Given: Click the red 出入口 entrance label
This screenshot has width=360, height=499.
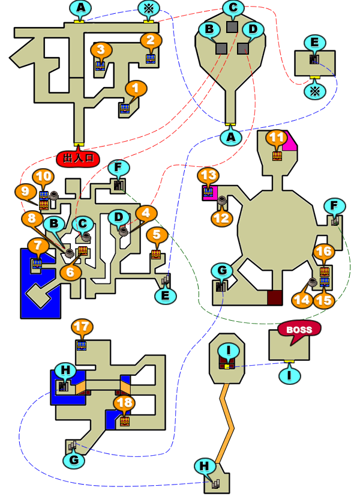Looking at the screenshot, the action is click(78, 158).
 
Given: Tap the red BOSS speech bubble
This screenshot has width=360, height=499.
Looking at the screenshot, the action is click(299, 330).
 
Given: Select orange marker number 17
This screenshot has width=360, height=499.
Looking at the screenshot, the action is click(82, 327).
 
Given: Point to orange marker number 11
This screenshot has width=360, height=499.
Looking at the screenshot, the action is click(277, 138).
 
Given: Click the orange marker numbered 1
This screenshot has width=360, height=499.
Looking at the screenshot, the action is click(136, 88).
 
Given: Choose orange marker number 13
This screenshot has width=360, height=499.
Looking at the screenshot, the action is click(208, 175).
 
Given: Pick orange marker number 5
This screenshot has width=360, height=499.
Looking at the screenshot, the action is click(157, 235).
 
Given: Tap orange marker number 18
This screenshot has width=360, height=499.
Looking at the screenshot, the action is click(124, 403).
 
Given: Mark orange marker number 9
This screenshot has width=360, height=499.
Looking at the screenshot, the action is click(25, 192).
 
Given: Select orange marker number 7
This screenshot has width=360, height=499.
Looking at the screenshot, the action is click(38, 246).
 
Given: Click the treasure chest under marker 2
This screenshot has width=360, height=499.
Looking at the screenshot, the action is click(151, 59).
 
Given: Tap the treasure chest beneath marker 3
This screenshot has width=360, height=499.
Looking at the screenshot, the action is click(100, 66).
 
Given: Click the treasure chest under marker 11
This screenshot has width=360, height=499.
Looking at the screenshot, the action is click(277, 156).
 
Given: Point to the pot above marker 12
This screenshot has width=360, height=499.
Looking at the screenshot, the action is click(221, 200).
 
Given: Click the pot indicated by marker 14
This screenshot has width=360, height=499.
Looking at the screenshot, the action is click(313, 282).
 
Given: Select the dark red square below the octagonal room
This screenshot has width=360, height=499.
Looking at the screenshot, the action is click(275, 298).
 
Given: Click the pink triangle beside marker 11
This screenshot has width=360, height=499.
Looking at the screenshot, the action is click(289, 141).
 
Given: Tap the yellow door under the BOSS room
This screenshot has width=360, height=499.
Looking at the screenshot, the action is click(289, 361).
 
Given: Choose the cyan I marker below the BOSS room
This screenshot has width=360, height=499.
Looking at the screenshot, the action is click(289, 375).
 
